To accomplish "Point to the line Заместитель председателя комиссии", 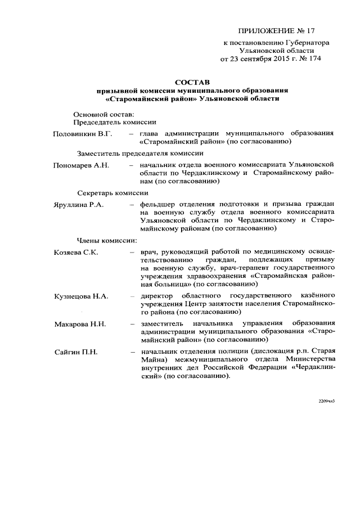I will click(x=136, y=153).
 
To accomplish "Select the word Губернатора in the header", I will click(x=303, y=42).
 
